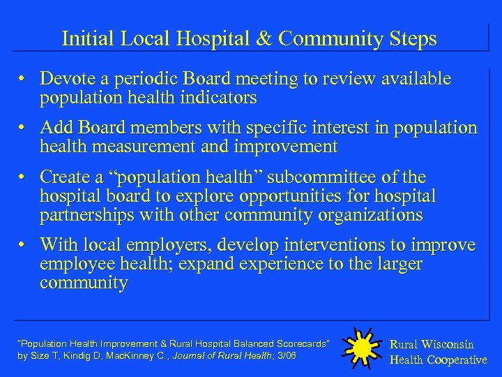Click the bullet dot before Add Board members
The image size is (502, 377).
23,128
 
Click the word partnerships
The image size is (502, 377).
88,215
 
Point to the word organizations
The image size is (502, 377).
368,215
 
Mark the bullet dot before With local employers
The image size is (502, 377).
23,245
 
